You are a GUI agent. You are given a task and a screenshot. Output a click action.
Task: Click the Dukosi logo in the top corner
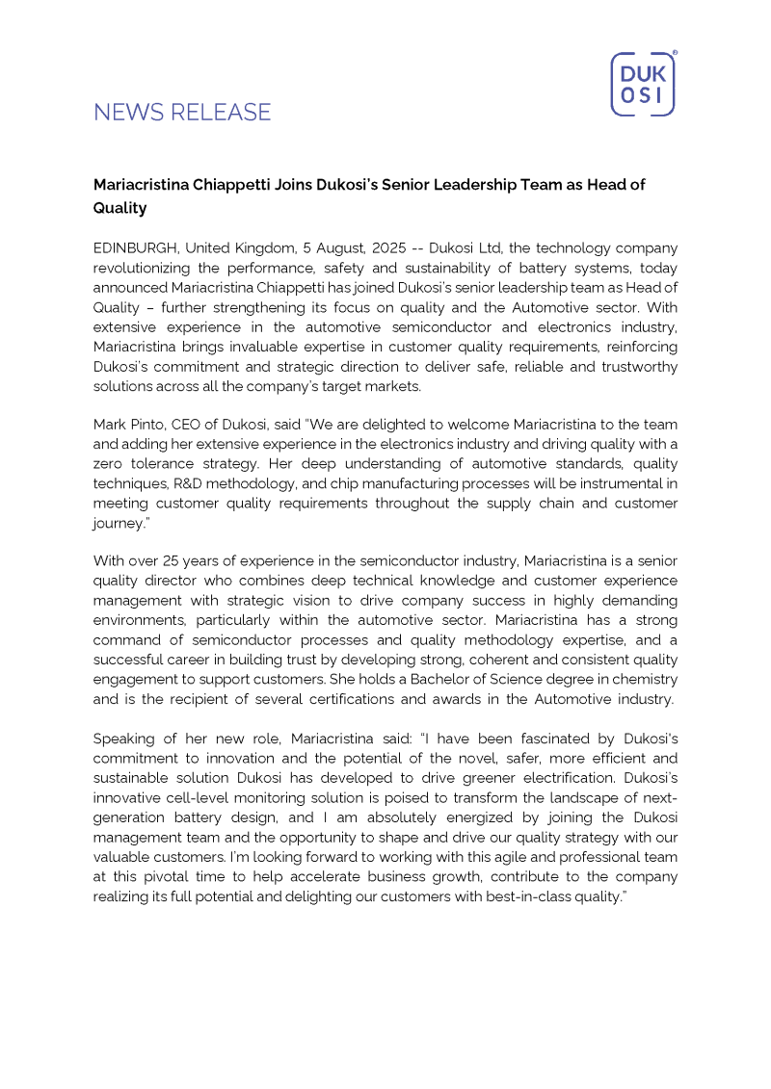click(643, 84)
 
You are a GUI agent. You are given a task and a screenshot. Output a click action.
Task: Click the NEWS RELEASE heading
click(182, 113)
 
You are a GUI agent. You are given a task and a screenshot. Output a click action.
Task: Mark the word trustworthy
click(633, 367)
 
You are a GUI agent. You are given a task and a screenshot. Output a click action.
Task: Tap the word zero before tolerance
click(111, 463)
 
